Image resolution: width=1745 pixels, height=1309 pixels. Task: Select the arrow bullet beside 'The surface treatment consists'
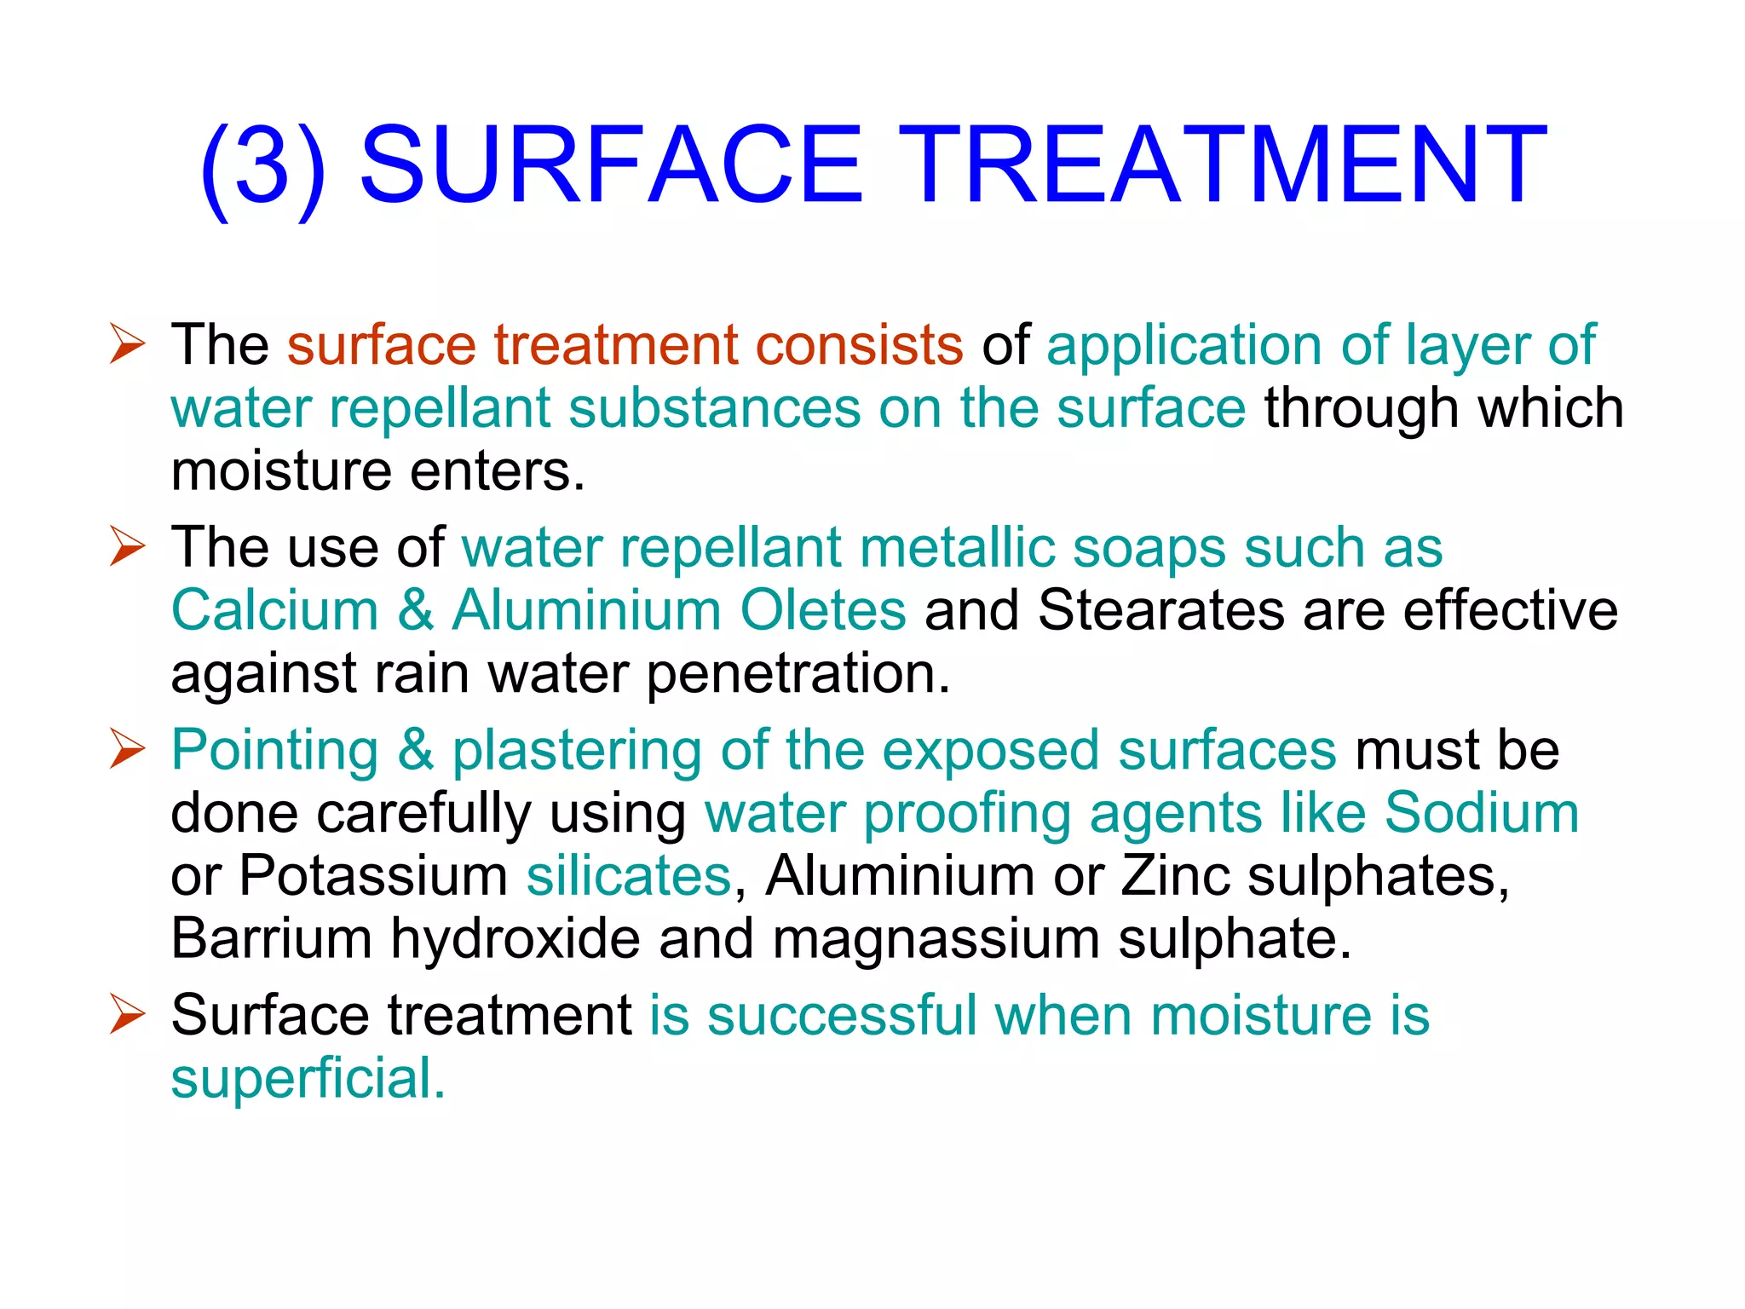point(128,346)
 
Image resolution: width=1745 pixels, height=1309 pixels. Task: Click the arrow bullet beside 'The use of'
point(128,547)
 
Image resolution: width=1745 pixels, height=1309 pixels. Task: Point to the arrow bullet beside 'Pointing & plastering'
point(128,750)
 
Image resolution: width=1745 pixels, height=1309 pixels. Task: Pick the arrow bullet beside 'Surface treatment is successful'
point(128,1015)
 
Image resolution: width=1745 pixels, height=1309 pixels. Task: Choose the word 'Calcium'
point(274,610)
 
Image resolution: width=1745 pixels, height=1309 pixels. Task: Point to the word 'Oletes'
point(822,610)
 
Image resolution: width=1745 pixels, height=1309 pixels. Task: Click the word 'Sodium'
point(1482,813)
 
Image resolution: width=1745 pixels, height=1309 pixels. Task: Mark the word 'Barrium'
point(271,939)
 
